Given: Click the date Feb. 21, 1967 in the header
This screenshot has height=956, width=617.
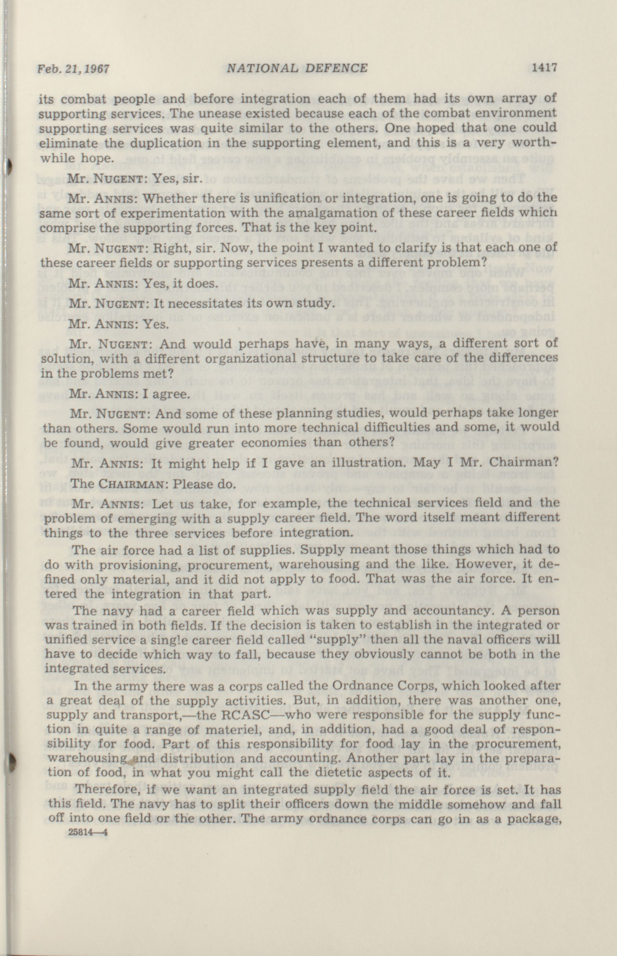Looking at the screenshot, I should pos(73,69).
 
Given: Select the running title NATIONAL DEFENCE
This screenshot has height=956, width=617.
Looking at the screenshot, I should pos(297,68).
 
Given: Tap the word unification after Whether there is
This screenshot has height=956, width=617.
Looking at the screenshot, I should pos(286,198).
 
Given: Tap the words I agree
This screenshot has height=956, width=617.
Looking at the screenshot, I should pos(169,394).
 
